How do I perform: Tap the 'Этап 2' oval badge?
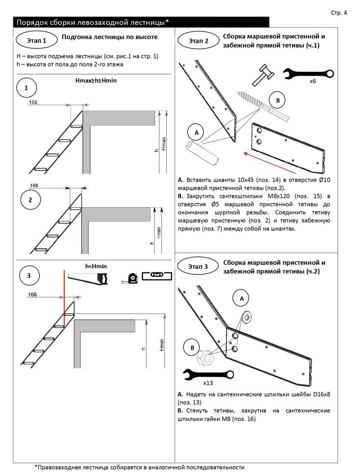198,41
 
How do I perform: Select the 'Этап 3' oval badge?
198,266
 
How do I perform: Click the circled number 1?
26,88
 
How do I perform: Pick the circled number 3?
29,276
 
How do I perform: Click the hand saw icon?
88,279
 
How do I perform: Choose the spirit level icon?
157,277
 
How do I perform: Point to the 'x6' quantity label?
313,82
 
